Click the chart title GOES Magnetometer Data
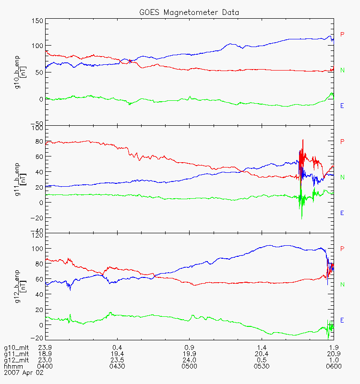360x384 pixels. (x=189, y=12)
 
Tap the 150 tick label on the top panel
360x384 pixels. (x=37, y=21)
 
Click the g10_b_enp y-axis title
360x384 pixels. (x=20, y=72)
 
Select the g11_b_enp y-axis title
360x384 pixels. (x=20, y=179)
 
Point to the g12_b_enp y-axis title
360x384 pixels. (x=20, y=287)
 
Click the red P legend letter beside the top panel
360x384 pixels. (x=342, y=34)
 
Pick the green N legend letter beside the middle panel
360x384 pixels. (x=342, y=177)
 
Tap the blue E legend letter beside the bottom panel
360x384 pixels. (x=342, y=320)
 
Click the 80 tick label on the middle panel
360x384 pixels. (x=39, y=142)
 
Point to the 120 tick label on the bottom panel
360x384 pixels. (x=37, y=236)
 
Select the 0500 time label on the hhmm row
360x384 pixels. (x=189, y=366)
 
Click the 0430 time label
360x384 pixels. (x=117, y=366)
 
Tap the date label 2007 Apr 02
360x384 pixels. (x=24, y=373)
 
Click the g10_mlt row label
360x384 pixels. (x=16, y=348)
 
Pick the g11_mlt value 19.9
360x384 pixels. (x=189, y=354)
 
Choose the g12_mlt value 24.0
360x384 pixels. (x=189, y=360)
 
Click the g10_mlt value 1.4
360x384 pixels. (x=262, y=348)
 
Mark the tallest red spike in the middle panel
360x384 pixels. (x=303, y=140)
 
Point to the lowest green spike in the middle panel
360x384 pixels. (x=302, y=219)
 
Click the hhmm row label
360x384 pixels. (x=13, y=366)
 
